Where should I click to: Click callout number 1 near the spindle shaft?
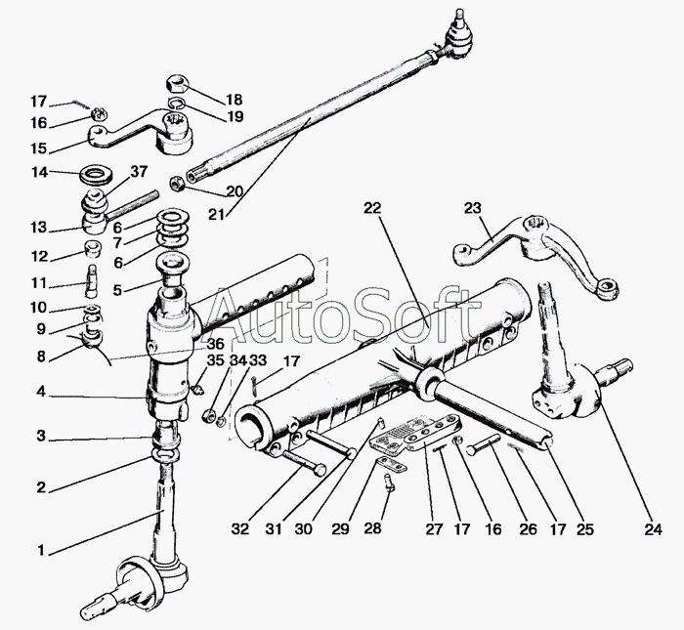pyautogui.click(x=41, y=551)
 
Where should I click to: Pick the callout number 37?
pyautogui.click(x=139, y=173)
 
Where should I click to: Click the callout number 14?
pyautogui.click(x=39, y=173)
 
